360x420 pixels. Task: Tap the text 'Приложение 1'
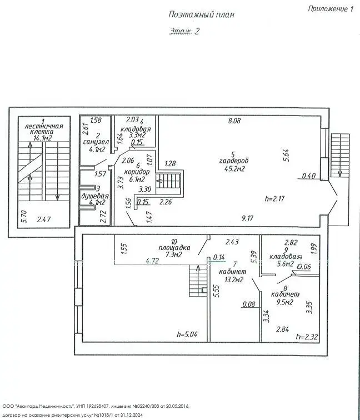click(x=330, y=8)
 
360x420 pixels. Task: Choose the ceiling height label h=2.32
click(x=306, y=336)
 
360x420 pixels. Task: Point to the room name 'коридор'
click(x=137, y=172)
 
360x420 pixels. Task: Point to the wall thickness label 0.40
click(x=309, y=177)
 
